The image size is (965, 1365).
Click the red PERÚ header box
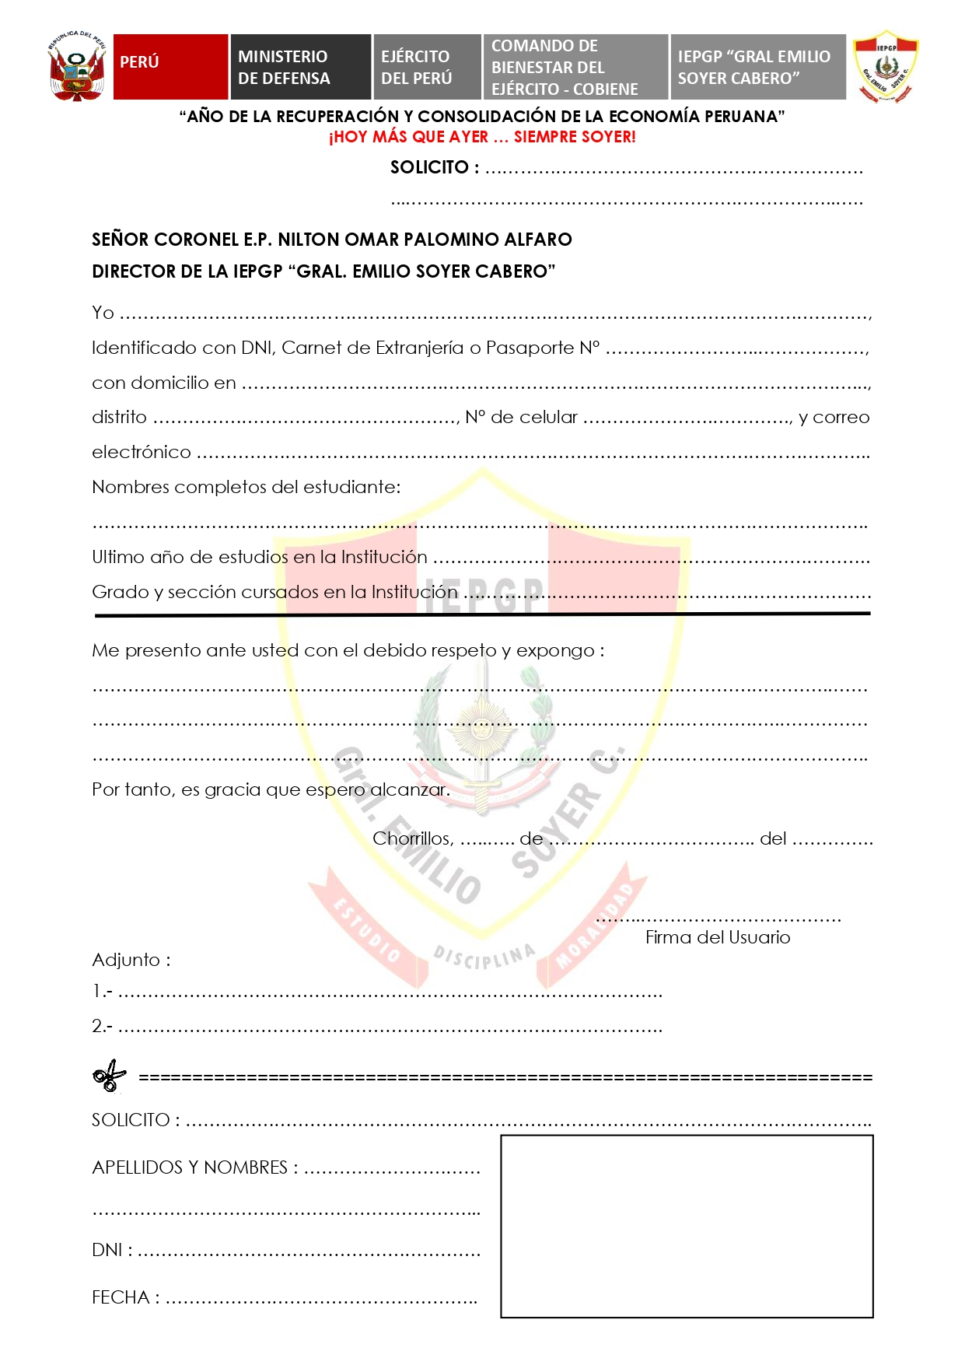[170, 67]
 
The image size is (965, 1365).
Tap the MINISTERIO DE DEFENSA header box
[300, 67]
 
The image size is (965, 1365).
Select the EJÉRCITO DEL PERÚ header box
[427, 67]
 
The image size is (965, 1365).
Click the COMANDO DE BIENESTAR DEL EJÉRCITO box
[575, 67]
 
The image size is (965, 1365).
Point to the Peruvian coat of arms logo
[76, 67]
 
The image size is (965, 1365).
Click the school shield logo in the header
[885, 67]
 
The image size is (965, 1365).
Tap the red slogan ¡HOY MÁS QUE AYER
[482, 137]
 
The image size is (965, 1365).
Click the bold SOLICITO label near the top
[430, 167]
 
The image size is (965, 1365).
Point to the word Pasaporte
[530, 348]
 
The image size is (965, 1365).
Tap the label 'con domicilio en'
[163, 383]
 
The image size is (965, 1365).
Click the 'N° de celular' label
[521, 418]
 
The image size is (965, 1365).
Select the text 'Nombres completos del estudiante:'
[246, 487]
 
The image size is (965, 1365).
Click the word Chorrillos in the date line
[412, 838]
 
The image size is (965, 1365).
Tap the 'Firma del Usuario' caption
[717, 937]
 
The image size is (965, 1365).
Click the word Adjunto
[126, 960]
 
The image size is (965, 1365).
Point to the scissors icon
[110, 1076]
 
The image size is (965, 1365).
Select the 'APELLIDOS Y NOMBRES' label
[190, 1167]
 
